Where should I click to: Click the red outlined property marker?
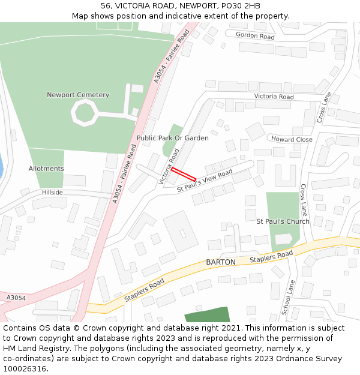(184, 175)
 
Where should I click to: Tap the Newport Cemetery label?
(78, 95)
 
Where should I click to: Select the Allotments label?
(46, 169)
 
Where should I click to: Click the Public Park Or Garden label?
(173, 138)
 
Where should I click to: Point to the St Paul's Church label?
(283, 221)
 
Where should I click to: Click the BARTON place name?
(221, 262)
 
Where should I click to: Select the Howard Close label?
(292, 139)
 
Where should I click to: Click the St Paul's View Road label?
(205, 181)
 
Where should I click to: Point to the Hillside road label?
(52, 193)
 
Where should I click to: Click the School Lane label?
(287, 298)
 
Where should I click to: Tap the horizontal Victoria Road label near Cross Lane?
(274, 97)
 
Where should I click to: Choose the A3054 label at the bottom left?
(16, 298)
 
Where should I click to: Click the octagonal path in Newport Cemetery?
(83, 113)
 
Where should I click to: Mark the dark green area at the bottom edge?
(207, 316)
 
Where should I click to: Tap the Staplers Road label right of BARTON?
(271, 257)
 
